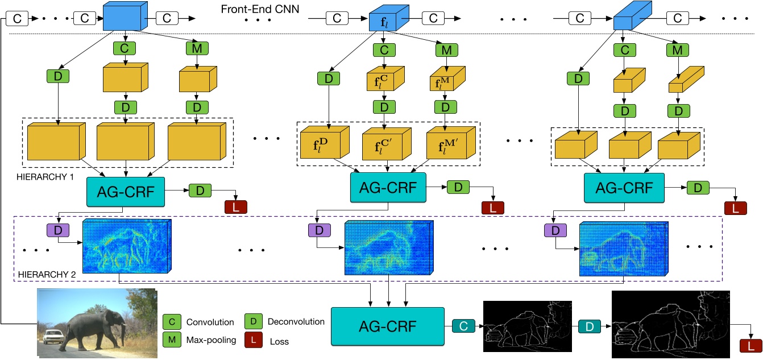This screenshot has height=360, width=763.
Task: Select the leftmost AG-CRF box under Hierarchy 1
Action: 125,191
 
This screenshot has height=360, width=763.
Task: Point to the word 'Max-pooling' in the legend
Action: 210,342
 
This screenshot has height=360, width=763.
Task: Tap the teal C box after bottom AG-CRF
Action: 463,326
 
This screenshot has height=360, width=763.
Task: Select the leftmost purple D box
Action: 58,230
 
